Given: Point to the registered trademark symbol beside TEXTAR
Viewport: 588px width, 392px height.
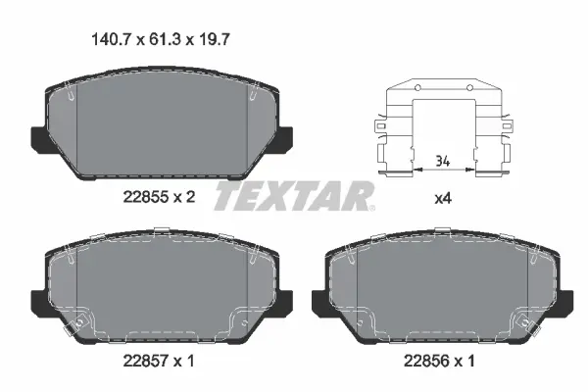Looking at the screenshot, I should tap(370, 207).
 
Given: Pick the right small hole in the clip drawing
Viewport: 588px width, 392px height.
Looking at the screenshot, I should tap(469, 89).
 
